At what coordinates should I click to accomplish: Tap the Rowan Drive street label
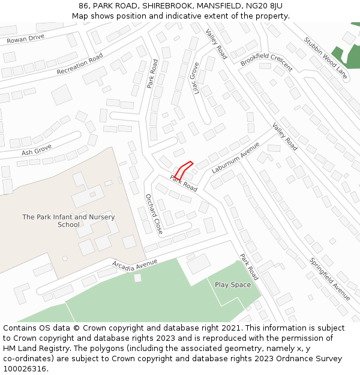click(25, 39)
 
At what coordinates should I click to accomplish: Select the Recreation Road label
click(80, 64)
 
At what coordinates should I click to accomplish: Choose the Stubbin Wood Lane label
click(325, 59)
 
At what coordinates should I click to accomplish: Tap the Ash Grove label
click(37, 149)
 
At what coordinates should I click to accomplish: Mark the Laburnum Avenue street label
click(235, 157)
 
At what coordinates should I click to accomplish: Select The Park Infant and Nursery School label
click(68, 221)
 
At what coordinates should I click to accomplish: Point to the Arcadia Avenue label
click(134, 263)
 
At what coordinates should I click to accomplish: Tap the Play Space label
click(232, 285)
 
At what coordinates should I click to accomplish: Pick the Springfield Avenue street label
click(330, 279)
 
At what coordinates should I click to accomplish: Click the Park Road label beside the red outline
click(184, 183)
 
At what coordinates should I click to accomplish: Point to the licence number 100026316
click(25, 368)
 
